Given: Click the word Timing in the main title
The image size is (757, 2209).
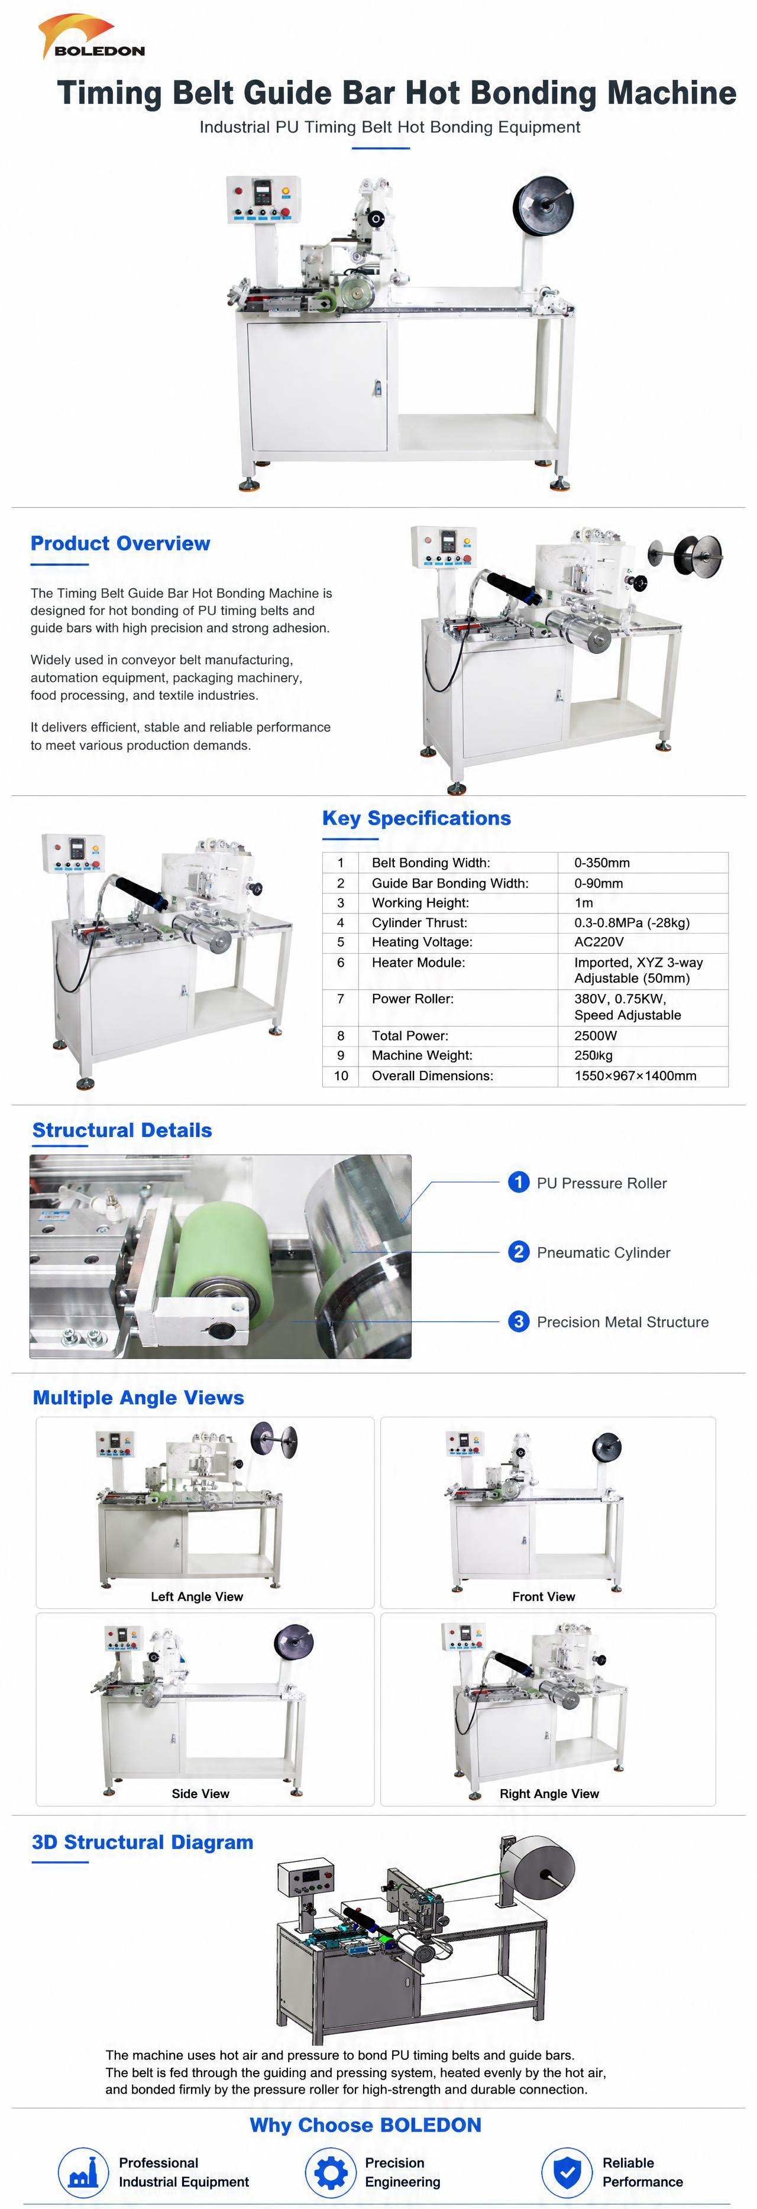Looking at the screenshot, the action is point(109,93).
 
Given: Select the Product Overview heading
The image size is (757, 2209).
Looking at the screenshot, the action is point(120,543).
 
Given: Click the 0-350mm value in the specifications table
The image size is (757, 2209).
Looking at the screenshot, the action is point(602,863).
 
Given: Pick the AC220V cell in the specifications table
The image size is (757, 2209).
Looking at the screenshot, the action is point(599,941).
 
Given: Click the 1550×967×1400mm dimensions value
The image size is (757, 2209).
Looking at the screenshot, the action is point(635,1076).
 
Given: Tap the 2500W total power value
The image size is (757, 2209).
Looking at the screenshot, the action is point(596,1035).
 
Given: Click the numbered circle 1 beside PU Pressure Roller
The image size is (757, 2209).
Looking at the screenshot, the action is point(519,1183).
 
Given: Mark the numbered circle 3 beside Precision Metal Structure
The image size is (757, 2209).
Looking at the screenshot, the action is point(519,1321).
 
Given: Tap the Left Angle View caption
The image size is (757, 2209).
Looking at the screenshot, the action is point(197,1596).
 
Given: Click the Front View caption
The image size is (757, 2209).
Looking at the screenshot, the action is point(544,1596).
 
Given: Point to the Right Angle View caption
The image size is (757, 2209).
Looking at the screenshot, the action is point(549,1793).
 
